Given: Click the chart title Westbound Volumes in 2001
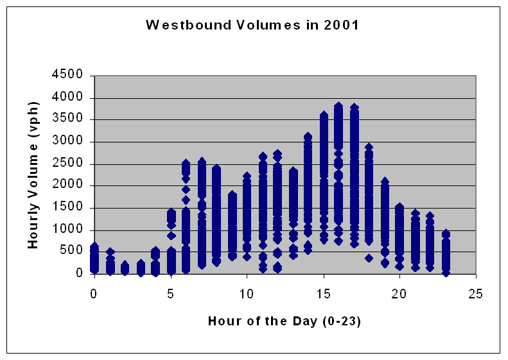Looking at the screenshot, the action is [x=252, y=25].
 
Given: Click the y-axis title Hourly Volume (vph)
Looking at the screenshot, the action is [x=33, y=175].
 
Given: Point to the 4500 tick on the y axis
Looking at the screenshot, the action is [x=67, y=74].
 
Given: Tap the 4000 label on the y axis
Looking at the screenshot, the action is [x=67, y=96].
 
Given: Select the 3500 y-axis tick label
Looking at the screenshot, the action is [x=67, y=118].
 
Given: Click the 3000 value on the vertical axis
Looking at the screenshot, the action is [x=67, y=141].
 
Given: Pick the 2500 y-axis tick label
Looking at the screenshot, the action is [x=67, y=162].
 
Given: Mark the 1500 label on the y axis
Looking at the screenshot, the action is [x=67, y=207].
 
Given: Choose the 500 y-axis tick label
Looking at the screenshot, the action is [x=71, y=250].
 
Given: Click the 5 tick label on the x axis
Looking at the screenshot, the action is [x=171, y=294].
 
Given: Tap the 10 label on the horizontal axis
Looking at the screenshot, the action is [x=247, y=294].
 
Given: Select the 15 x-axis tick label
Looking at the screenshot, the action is [x=323, y=294].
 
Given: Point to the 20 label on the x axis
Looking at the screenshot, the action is [x=399, y=294].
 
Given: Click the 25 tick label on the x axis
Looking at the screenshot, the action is [x=475, y=294].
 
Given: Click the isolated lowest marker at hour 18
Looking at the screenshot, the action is [x=369, y=258].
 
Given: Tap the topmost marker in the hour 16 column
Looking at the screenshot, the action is [x=338, y=106].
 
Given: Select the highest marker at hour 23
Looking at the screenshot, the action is [x=446, y=234].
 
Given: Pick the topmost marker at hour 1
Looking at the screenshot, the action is [x=110, y=252].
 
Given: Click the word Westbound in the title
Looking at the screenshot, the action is [x=188, y=25].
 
